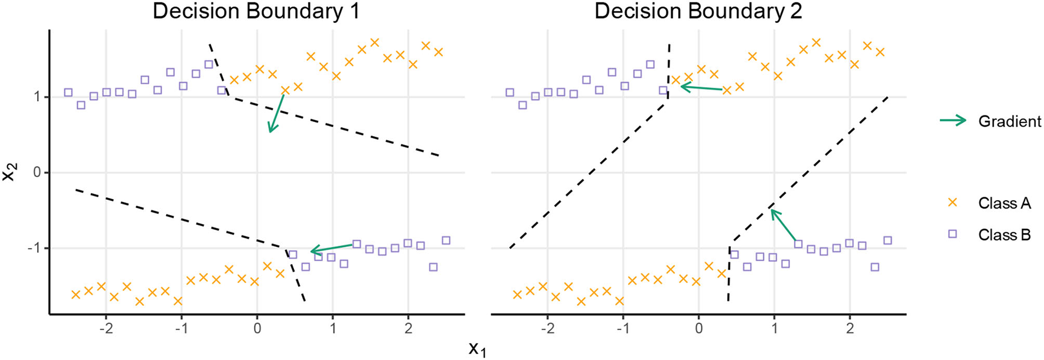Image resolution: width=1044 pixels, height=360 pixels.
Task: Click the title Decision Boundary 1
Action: [x=256, y=12]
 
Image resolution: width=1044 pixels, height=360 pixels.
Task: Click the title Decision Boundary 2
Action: [x=698, y=12]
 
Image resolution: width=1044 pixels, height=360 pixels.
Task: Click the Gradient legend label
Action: [x=1009, y=121]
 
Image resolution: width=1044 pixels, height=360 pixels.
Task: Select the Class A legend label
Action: [x=1004, y=203]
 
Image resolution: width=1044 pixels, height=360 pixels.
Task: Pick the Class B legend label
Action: [x=1004, y=235]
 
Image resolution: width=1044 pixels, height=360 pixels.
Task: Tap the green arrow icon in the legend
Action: [x=953, y=121]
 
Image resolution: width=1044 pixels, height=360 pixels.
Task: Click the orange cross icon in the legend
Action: [x=952, y=203]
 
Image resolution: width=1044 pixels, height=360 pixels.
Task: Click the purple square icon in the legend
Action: [x=952, y=235]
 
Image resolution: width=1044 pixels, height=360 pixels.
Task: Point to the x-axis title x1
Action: [x=477, y=349]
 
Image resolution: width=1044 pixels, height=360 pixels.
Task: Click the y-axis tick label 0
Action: [x=37, y=173]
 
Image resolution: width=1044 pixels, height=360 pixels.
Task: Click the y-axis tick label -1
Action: [x=34, y=248]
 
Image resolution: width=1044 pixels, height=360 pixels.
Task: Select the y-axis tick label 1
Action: [x=37, y=97]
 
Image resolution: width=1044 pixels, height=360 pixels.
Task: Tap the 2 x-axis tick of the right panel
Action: [x=850, y=327]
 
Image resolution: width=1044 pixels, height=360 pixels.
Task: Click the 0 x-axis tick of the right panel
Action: [x=699, y=327]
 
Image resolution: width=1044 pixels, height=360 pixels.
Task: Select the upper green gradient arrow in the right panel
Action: [x=701, y=88]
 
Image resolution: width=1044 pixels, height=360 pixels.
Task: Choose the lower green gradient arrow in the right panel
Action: [x=784, y=226]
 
